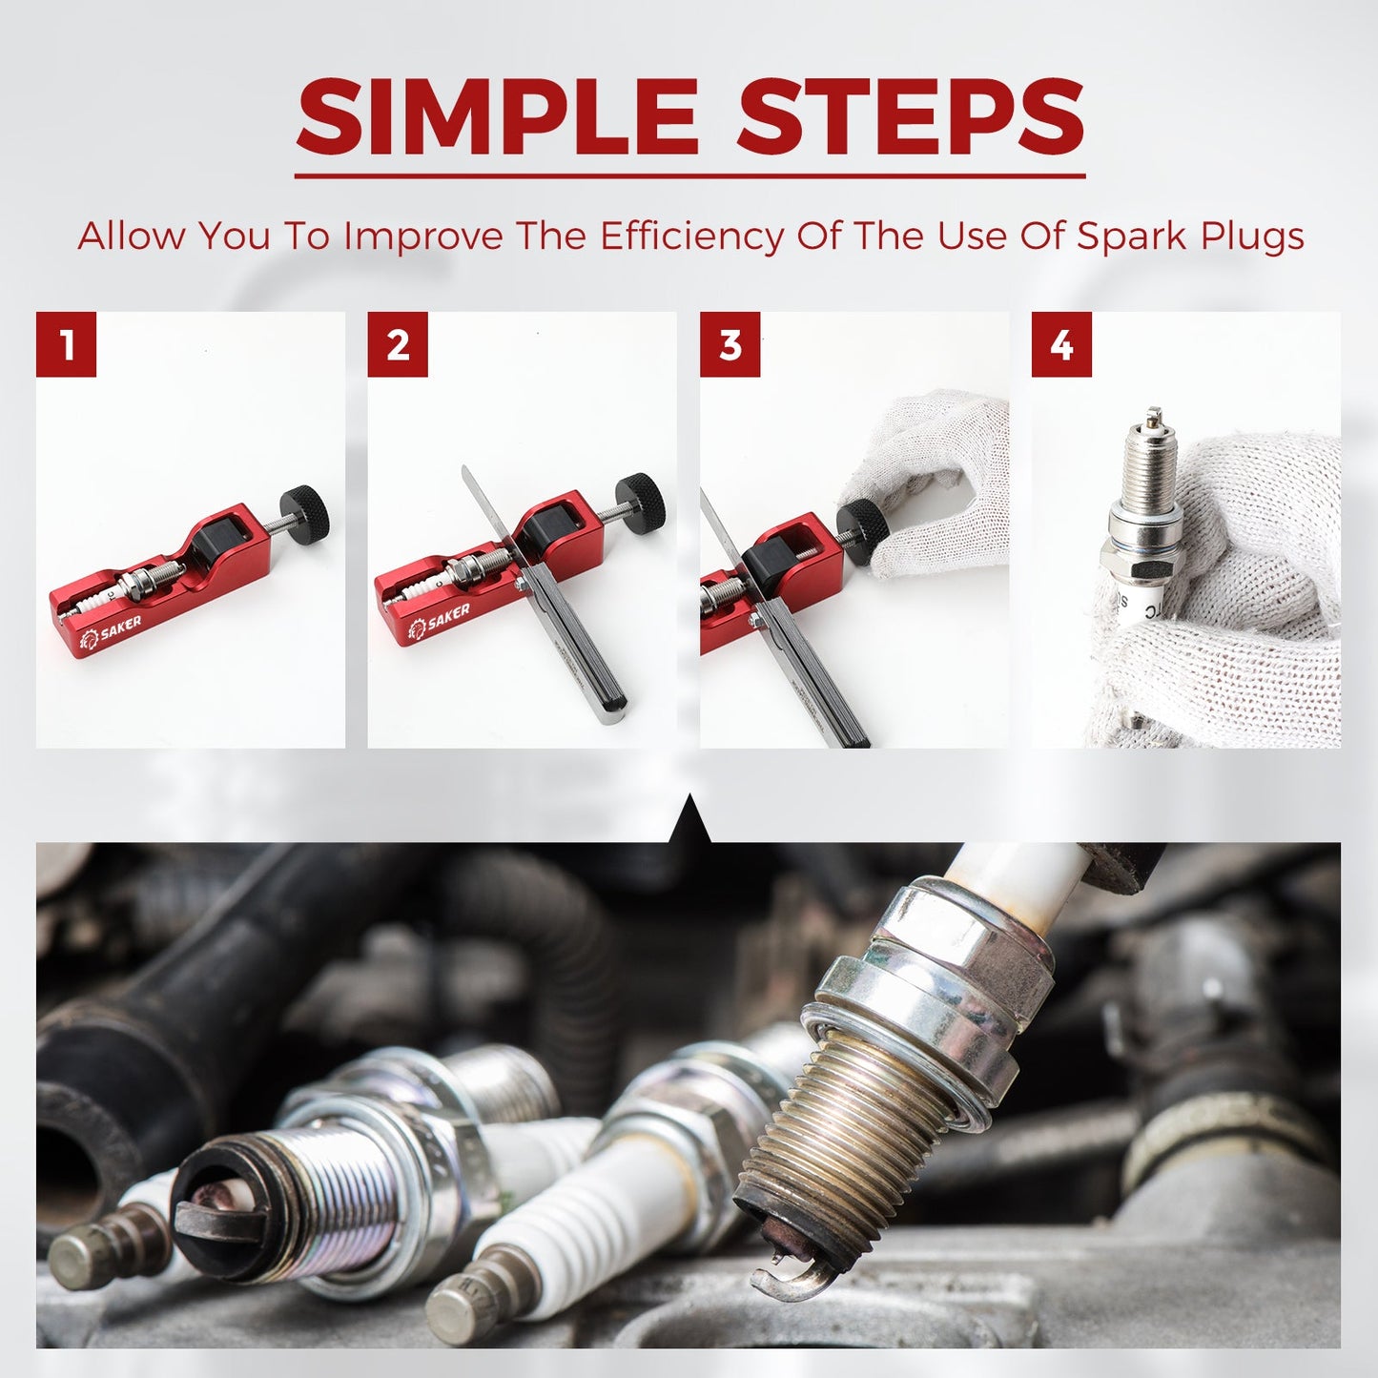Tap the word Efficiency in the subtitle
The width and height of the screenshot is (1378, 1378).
coord(690,236)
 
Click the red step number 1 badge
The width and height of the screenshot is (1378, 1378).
coord(67,344)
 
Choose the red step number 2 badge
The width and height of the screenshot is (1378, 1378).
coord(398,344)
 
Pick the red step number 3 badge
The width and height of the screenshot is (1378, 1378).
coord(730,344)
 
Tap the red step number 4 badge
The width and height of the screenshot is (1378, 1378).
coord(1061,344)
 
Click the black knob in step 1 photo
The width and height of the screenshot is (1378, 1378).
coord(305,511)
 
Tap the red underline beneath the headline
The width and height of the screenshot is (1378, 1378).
coord(689,175)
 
